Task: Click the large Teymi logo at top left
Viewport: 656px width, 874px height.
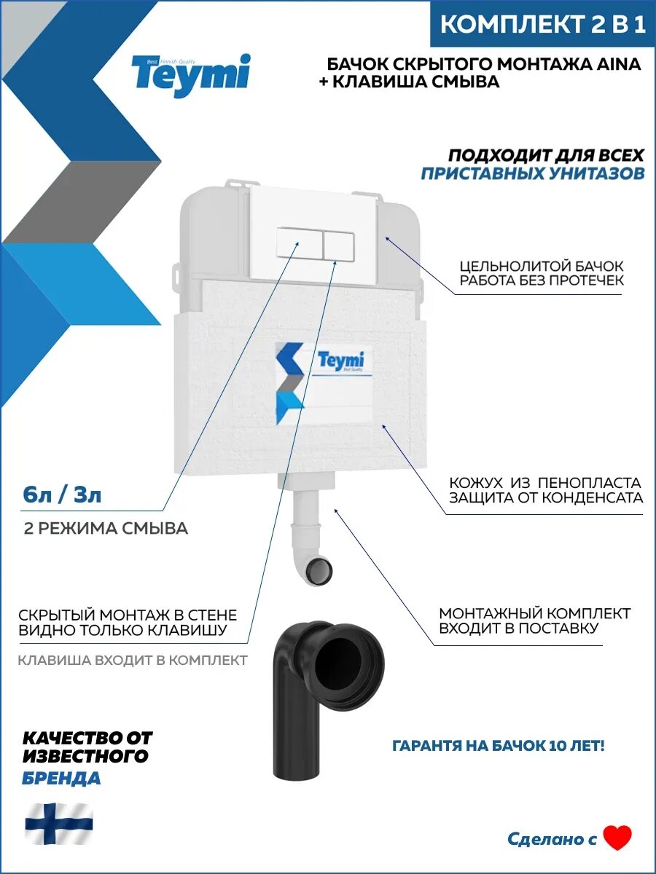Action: click(x=190, y=74)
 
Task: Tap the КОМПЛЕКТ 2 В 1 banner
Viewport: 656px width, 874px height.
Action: click(x=543, y=25)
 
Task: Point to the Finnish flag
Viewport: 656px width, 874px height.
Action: click(x=59, y=822)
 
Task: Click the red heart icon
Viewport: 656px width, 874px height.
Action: click(x=617, y=838)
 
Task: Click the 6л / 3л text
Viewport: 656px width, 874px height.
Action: click(x=62, y=496)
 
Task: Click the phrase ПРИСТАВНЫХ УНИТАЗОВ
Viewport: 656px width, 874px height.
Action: click(x=533, y=173)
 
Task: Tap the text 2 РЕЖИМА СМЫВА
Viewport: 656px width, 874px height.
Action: click(x=106, y=528)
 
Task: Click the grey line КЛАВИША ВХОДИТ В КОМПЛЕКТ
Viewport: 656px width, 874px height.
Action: click(x=133, y=660)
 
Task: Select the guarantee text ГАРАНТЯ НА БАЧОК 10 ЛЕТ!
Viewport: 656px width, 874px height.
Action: click(x=499, y=746)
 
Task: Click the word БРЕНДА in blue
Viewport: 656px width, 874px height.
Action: click(x=61, y=778)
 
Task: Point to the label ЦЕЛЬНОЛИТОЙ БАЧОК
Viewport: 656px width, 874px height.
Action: click(x=542, y=267)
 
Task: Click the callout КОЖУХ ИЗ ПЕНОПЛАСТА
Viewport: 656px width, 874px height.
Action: click(x=544, y=482)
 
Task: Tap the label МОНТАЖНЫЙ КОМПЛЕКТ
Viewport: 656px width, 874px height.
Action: click(x=535, y=613)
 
